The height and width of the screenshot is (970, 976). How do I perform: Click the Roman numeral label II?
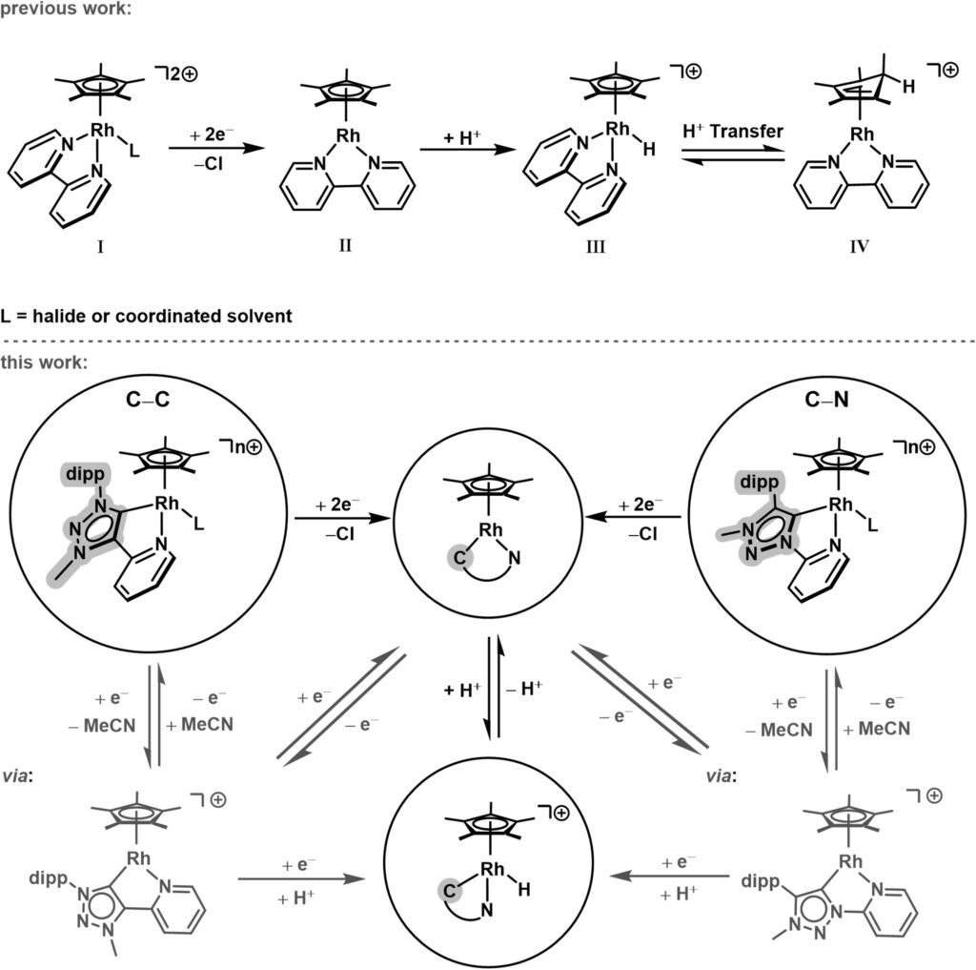[x=344, y=246]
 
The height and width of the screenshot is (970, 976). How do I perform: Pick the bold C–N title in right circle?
[x=826, y=402]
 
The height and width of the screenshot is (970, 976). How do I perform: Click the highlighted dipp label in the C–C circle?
[x=85, y=471]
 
